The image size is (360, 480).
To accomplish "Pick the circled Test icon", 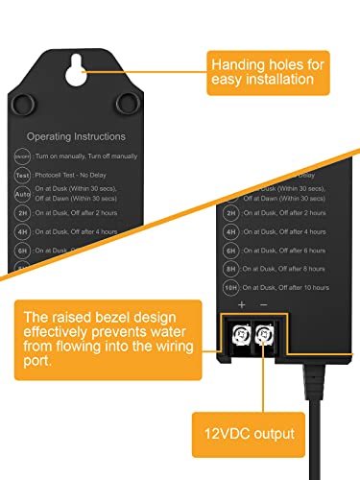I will [x=22, y=176].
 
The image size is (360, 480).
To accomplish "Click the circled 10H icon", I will [x=230, y=287].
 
